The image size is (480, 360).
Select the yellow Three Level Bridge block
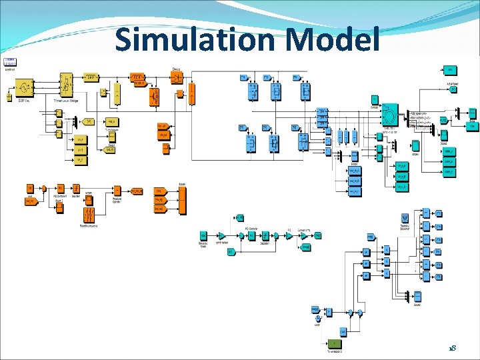click(x=66, y=87)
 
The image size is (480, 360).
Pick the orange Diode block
click(x=176, y=77)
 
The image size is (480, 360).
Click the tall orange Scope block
click(x=182, y=201)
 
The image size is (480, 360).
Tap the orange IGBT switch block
click(x=153, y=97)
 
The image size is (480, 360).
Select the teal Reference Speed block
click(x=203, y=236)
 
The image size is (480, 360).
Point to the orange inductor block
click(x=137, y=77)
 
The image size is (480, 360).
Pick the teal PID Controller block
click(x=251, y=236)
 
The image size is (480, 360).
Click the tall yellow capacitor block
click(x=117, y=93)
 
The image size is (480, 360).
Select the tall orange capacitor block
click(x=193, y=93)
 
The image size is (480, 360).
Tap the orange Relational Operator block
click(x=117, y=191)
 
